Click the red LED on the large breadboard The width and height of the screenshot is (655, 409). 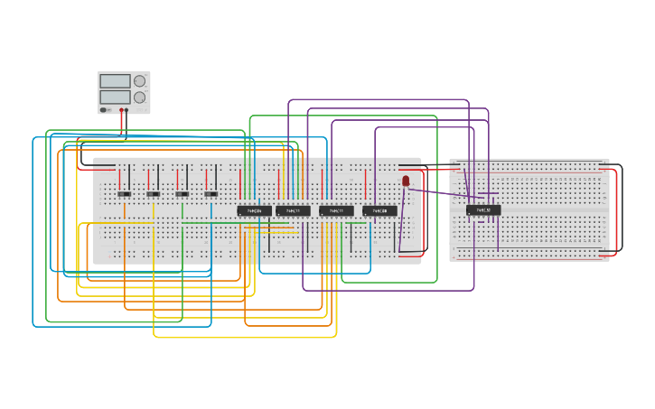coord(406,181)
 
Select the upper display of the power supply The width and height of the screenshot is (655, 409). coord(115,81)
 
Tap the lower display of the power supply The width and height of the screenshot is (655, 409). coord(115,97)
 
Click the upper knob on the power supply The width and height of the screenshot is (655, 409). coord(140,81)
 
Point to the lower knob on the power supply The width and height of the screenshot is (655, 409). coord(140,97)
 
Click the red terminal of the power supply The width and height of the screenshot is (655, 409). coord(121,110)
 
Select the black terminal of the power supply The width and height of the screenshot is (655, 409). coord(126,110)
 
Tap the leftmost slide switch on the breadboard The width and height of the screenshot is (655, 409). coord(125,193)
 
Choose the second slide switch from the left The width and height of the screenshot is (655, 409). coord(154,193)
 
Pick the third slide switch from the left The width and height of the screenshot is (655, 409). coord(182,193)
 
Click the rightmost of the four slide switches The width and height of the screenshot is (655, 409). coord(211,193)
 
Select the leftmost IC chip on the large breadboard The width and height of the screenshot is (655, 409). coord(255,210)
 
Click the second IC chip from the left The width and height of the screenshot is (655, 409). coord(294,210)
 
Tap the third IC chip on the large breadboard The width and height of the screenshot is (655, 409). coord(336,210)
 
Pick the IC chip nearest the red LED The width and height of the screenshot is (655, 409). coord(379,210)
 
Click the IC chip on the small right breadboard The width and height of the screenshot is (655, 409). coord(483,209)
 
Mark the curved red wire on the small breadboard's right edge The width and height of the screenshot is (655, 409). coord(616,212)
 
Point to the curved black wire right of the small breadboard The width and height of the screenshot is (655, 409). coord(622,208)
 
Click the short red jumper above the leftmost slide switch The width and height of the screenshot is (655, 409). coord(119,177)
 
